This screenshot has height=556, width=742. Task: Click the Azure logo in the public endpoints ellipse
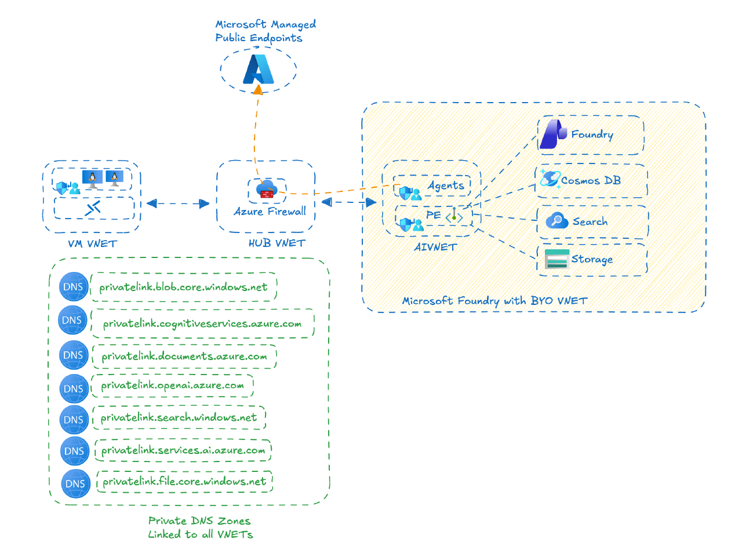point(258,70)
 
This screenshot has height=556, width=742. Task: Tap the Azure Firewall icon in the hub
point(267,189)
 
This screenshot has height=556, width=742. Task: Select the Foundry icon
point(553,135)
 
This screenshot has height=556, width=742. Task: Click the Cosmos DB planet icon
point(550,179)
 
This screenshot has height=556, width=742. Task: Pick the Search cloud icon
point(556,221)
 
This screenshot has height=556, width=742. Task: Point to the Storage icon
point(556,259)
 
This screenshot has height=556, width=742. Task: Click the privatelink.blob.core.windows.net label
point(183,287)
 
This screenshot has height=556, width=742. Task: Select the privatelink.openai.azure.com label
point(172,386)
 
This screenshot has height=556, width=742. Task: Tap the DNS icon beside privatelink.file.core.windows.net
point(75,484)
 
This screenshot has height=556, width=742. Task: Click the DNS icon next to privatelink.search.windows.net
point(74,420)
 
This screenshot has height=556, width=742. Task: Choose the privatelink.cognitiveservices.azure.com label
point(202,324)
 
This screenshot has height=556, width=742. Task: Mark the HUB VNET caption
point(277,243)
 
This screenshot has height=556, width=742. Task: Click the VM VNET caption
point(92,244)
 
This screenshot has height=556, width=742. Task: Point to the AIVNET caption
point(435,247)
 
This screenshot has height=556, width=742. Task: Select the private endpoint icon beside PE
point(454,217)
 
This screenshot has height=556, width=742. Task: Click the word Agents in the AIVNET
point(446,186)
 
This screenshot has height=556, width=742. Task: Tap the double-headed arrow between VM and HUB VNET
point(178,203)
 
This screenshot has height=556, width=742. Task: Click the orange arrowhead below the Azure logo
point(257,90)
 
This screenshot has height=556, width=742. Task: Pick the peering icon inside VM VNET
point(93,208)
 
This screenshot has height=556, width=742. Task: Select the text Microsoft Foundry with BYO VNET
point(494,300)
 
